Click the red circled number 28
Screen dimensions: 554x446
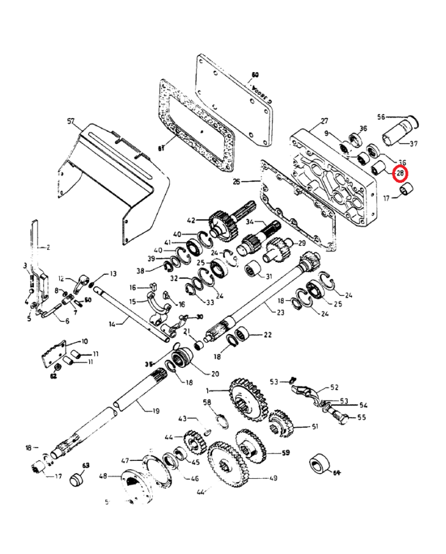[400, 173]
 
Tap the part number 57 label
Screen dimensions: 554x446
[71, 120]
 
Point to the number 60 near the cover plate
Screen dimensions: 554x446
[255, 74]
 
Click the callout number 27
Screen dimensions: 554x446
[324, 121]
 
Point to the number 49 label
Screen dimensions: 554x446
[273, 477]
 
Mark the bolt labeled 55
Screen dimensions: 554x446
[340, 418]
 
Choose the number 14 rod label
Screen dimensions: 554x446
[113, 324]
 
